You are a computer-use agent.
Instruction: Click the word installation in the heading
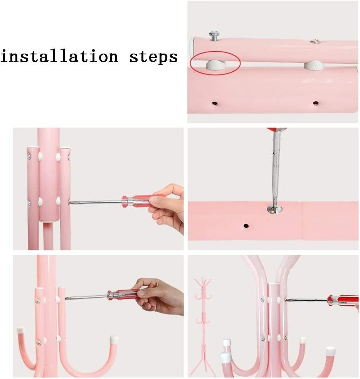(x=59, y=56)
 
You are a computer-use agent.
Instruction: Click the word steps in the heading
(x=154, y=57)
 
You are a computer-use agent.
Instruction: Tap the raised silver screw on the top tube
(x=214, y=36)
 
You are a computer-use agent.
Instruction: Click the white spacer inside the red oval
(x=216, y=65)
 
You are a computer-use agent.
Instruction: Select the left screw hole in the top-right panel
(x=214, y=104)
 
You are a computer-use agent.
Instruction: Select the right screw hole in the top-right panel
(x=315, y=103)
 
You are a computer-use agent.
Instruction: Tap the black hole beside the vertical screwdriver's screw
(x=246, y=226)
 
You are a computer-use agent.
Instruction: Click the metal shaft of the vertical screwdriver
(x=276, y=169)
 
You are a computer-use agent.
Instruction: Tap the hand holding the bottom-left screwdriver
(x=160, y=296)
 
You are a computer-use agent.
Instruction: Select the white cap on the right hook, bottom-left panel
(x=114, y=340)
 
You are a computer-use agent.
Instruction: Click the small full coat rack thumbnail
(x=203, y=327)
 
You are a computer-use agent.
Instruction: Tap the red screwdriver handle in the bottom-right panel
(x=343, y=300)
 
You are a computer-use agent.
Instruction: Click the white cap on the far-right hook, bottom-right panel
(x=330, y=352)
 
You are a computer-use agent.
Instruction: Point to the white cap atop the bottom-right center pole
(x=274, y=283)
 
